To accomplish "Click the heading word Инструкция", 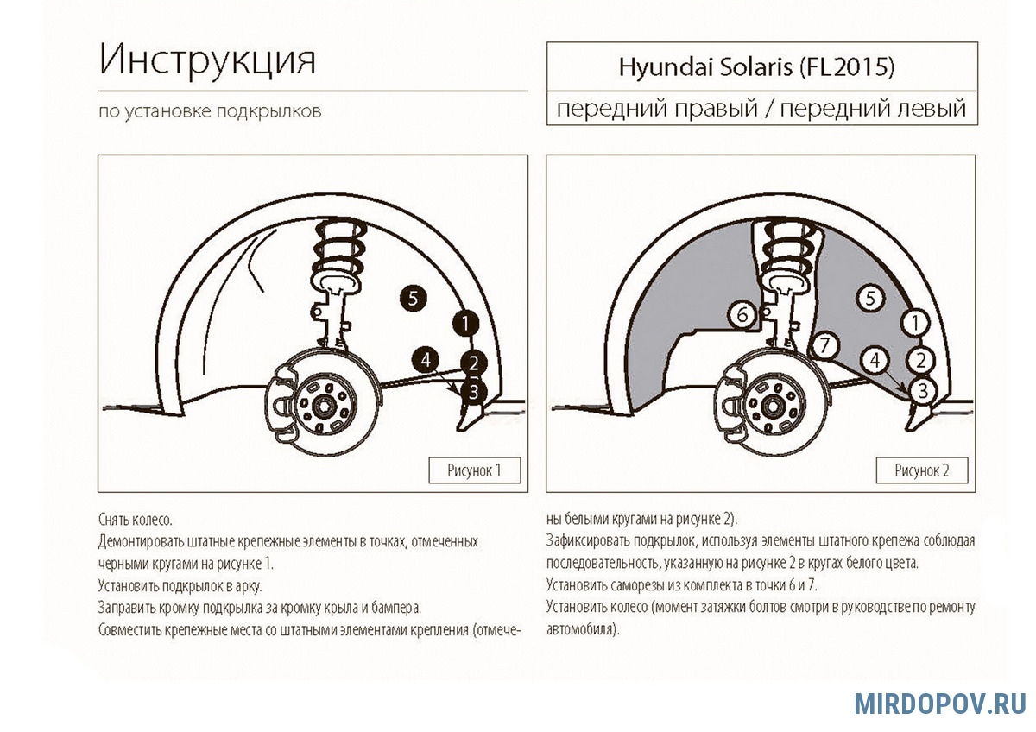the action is point(207,60).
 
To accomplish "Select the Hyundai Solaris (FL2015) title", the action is point(756,67).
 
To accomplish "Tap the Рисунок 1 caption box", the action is point(475,470).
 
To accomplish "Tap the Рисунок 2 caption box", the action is point(922,470).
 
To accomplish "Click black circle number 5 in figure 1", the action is point(414,299).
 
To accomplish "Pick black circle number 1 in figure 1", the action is point(465,323).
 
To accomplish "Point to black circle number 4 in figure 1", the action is point(426,359).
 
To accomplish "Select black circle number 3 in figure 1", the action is point(473,392).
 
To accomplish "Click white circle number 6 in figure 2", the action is point(742,315).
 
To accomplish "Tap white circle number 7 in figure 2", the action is point(824,345).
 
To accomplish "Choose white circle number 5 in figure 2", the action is point(870,299).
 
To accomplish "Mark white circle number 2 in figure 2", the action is point(920,360).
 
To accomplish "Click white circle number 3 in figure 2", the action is point(923,391).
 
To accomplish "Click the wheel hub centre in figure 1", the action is point(322,407).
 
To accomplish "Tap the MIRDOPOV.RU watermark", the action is point(940,704).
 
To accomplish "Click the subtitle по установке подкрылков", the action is point(210,111).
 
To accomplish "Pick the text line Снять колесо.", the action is point(135,520).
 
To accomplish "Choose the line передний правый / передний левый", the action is point(761,109).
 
